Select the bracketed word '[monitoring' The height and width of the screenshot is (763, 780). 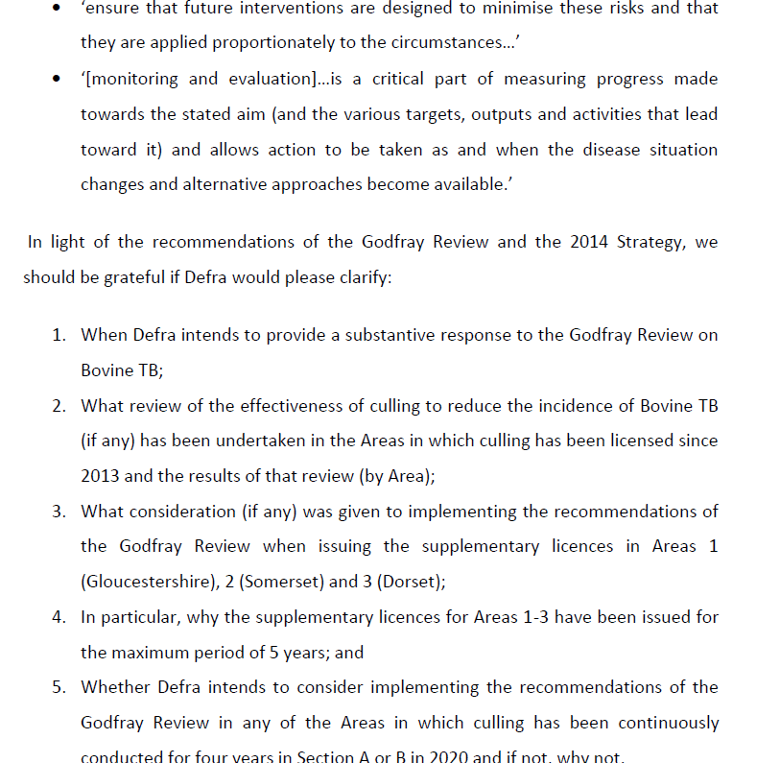click(x=133, y=79)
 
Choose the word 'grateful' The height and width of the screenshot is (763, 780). click(x=130, y=277)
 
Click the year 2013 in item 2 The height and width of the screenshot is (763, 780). click(x=101, y=476)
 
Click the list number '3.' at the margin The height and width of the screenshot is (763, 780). click(x=59, y=512)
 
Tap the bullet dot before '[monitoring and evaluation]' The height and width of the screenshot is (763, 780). click(x=59, y=80)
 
